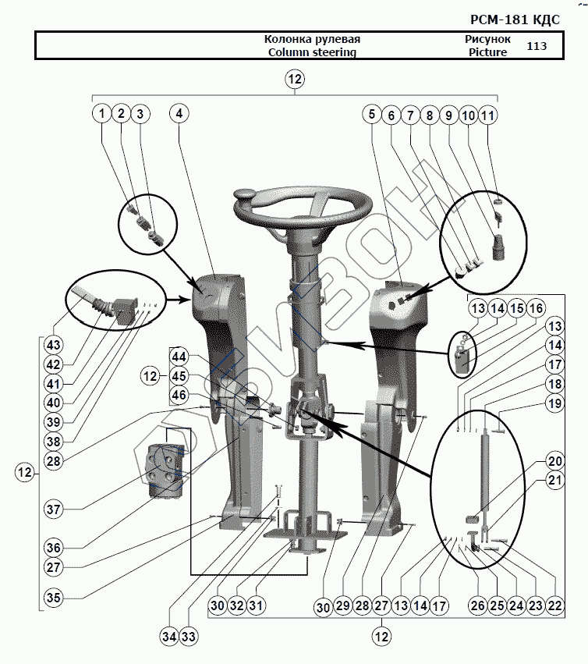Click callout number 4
click(179, 114)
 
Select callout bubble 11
click(488, 114)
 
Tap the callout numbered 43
click(52, 345)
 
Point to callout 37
click(52, 509)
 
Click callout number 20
click(554, 460)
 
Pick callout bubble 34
click(169, 637)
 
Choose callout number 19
click(554, 403)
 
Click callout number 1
click(101, 114)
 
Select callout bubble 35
click(52, 598)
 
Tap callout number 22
click(554, 603)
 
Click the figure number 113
click(537, 46)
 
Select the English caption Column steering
click(312, 52)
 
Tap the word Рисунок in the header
click(487, 39)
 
